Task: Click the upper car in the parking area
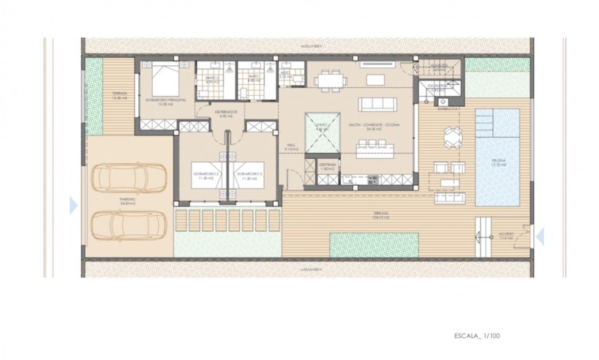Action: [130, 178]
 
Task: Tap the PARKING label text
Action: [129, 199]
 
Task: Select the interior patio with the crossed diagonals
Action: [323, 132]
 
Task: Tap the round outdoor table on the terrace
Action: [453, 137]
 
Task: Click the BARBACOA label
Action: [447, 108]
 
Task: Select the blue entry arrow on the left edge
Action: [72, 205]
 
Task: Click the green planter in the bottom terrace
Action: [374, 242]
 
